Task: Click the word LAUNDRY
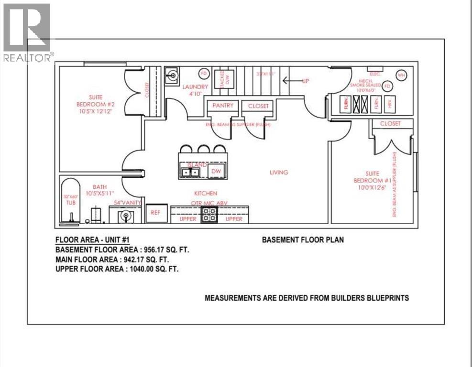[x=195, y=87]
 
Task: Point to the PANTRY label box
[x=222, y=106]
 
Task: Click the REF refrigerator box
[x=155, y=213]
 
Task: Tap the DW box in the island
[x=216, y=171]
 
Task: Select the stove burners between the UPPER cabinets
[x=209, y=216]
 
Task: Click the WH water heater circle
[x=402, y=75]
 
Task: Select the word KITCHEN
[x=206, y=194]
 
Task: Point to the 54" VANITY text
[x=126, y=203]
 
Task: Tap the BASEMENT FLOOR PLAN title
[x=302, y=240]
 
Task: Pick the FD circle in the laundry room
[x=203, y=73]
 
